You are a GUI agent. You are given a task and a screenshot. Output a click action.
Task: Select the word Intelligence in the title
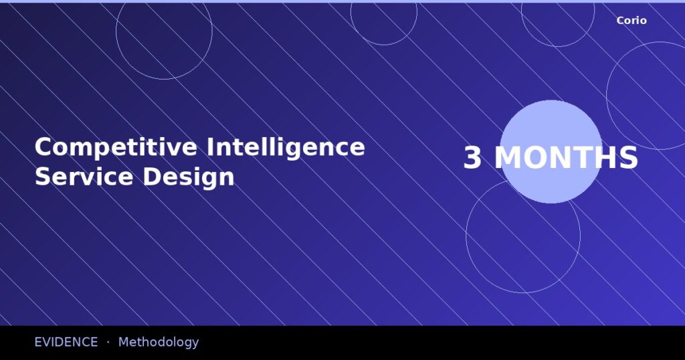(286, 147)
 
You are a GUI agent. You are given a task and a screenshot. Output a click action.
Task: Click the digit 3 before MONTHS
(472, 159)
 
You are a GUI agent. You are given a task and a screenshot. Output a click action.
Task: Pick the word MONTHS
(566, 159)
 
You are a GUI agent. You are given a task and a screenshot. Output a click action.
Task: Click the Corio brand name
(631, 21)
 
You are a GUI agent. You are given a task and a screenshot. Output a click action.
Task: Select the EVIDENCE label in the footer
(66, 342)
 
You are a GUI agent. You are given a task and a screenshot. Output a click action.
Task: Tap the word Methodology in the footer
(159, 342)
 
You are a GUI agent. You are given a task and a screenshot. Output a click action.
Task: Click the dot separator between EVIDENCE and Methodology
(108, 342)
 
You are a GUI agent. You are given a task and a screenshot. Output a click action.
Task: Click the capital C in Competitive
(43, 147)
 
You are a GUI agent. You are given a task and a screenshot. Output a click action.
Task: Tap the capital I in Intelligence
(210, 147)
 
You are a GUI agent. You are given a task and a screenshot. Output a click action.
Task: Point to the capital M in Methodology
(124, 342)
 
